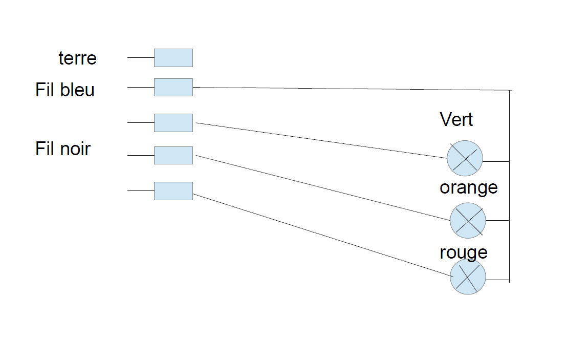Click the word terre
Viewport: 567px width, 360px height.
77,58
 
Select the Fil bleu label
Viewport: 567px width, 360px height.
65,90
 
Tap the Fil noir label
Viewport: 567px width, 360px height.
63,149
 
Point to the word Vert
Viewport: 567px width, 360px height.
456,120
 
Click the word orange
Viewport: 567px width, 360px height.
468,187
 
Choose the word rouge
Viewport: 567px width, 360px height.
463,252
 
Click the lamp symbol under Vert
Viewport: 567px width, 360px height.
465,158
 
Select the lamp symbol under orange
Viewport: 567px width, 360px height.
468,220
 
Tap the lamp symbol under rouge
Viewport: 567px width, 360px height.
468,277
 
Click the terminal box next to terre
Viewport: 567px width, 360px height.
173,58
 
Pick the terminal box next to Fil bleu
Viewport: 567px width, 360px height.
173,87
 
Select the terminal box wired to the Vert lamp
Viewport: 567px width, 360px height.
173,123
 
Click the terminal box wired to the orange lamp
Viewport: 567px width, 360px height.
173,155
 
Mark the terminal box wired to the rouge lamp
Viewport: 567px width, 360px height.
173,190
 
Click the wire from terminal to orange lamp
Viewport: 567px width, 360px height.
322,187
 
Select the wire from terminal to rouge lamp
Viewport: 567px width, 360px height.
322,235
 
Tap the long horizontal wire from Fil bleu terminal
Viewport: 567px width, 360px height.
353,89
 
